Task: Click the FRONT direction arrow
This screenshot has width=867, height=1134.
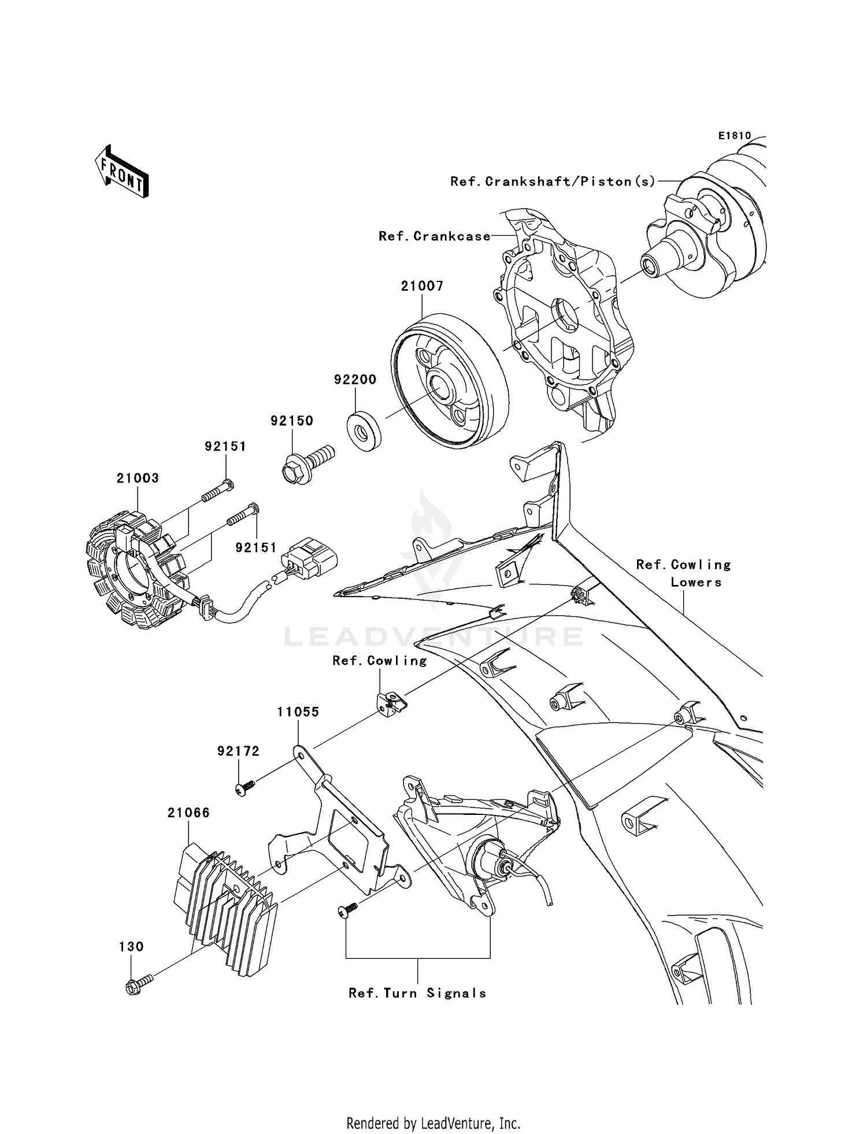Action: (122, 172)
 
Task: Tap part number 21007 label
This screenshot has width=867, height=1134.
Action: (422, 286)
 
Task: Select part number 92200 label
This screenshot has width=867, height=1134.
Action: (355, 380)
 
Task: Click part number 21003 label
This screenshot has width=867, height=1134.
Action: (138, 478)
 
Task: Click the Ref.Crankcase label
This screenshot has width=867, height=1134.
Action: (434, 236)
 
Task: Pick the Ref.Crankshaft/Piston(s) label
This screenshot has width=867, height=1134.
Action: (553, 181)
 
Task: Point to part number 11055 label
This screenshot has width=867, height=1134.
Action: (298, 712)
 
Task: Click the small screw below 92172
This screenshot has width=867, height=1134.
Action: (245, 788)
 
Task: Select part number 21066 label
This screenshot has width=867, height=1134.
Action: (188, 813)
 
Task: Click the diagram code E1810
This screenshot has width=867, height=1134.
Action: (734, 136)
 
